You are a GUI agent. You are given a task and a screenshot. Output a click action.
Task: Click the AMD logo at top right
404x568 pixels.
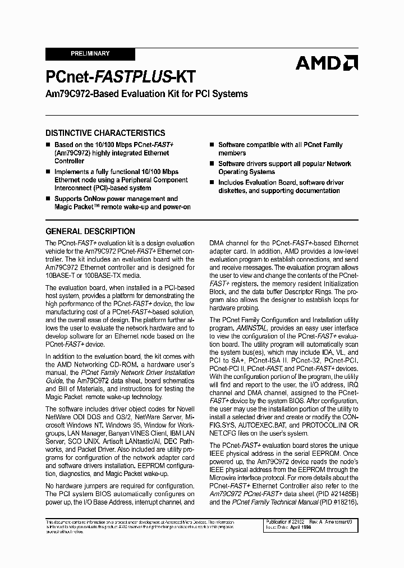(327, 63)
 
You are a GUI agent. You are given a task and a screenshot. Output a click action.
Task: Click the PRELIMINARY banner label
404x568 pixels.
(90, 54)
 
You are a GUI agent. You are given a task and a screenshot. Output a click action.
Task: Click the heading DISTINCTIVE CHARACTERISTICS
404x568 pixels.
(105, 133)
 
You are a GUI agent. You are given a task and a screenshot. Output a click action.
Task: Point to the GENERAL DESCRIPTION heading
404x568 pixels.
(90, 231)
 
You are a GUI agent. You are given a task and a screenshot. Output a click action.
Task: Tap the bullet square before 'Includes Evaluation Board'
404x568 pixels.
(212, 182)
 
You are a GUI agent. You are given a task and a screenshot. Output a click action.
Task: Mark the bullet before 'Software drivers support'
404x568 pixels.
(212, 164)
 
